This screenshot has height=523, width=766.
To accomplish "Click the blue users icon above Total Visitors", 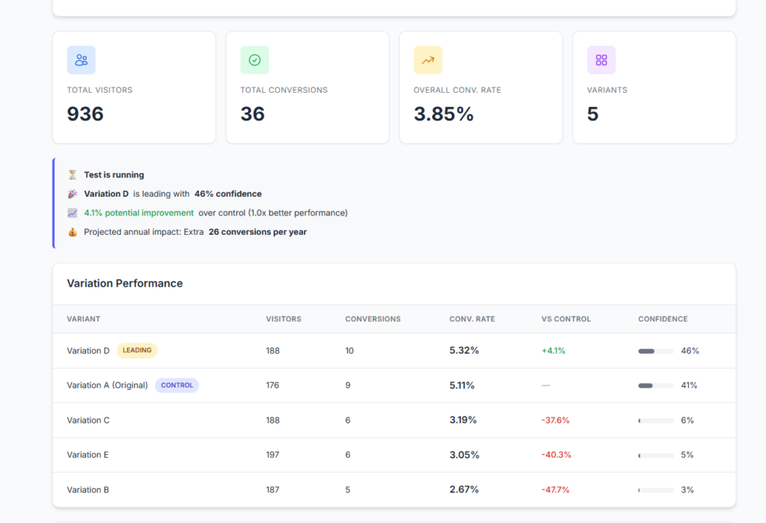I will click(x=82, y=61).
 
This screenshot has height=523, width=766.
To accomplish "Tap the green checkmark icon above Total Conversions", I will click(x=254, y=61).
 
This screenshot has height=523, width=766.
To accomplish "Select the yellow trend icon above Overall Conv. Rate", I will click(x=428, y=61).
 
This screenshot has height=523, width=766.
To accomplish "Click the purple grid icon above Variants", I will click(x=601, y=61).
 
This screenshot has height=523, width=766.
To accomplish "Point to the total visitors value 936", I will click(x=85, y=114).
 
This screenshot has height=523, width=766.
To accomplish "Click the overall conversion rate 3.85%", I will click(x=444, y=114).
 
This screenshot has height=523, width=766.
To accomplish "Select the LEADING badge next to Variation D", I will click(x=137, y=350).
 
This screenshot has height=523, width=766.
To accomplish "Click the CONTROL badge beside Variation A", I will click(x=177, y=385).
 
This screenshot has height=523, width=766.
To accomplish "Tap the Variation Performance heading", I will click(x=125, y=284).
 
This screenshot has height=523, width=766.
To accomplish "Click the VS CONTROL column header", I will click(x=566, y=319).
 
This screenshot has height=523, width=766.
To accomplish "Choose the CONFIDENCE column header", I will click(x=663, y=319).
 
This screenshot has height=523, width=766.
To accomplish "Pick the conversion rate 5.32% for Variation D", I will click(x=464, y=350).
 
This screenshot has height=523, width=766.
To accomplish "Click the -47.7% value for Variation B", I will click(x=555, y=490).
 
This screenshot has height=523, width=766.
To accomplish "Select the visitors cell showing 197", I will click(x=272, y=455).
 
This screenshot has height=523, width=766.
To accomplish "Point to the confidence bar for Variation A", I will click(x=655, y=385).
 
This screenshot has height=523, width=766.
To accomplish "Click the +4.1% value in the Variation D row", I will click(x=553, y=350).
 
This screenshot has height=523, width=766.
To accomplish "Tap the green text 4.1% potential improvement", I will click(x=138, y=212).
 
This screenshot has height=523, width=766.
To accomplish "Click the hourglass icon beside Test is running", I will click(x=73, y=175).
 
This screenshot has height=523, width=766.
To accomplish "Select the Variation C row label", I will click(x=88, y=420).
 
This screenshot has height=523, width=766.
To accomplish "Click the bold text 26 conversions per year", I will click(x=257, y=232).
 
